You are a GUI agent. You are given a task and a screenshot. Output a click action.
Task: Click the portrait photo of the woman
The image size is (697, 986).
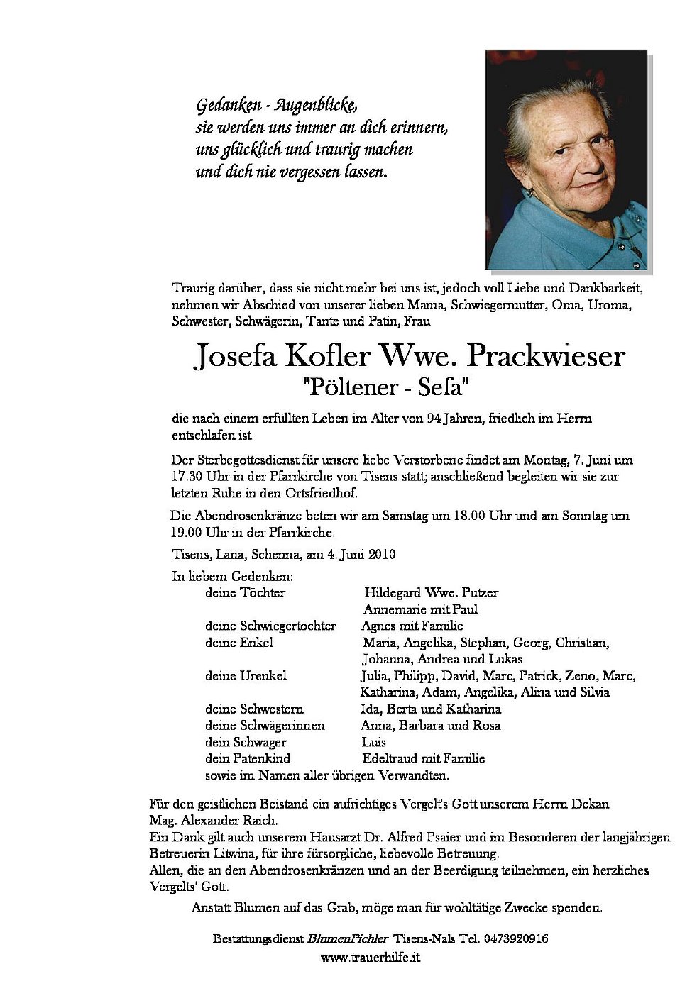point(566,159)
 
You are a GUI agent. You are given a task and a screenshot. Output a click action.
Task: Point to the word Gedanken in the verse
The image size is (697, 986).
point(224,106)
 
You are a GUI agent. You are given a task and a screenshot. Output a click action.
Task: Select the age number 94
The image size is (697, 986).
point(434,419)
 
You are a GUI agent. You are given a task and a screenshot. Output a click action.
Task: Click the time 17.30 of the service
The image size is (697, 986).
point(187,477)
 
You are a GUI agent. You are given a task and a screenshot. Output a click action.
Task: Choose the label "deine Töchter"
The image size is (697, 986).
point(245,592)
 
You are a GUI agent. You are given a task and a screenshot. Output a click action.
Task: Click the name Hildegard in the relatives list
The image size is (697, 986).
point(392,592)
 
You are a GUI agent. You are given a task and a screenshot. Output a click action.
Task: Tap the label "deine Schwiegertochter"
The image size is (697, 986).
point(270,626)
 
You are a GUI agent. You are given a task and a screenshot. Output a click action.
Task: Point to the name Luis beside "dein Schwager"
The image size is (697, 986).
point(373,742)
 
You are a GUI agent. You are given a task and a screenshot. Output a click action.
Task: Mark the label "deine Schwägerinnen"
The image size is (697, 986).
point(265,726)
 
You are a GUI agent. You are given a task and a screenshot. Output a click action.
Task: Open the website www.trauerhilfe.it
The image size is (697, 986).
point(371,958)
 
